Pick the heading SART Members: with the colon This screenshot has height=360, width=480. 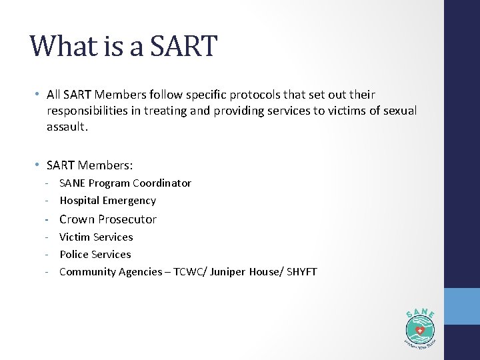(x=89, y=164)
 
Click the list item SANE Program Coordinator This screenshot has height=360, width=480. (x=125, y=183)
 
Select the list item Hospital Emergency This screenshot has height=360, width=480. (x=107, y=200)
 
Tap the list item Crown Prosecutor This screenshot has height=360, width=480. (x=108, y=219)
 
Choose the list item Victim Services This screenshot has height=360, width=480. (x=96, y=237)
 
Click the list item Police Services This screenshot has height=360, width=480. (x=95, y=254)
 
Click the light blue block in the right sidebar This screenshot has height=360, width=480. (x=462, y=306)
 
